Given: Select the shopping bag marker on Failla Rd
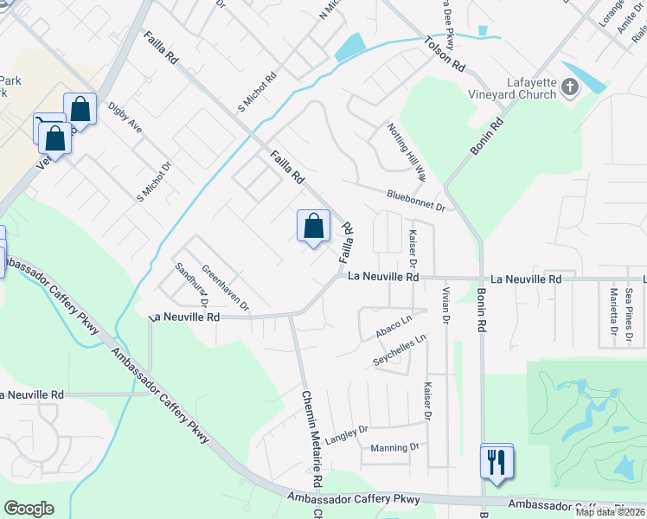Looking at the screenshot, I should pyautogui.click(x=313, y=227).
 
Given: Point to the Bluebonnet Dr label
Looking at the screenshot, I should pyautogui.click(x=415, y=201).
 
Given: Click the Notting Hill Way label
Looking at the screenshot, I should pyautogui.click(x=407, y=151).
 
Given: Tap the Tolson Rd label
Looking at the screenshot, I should pyautogui.click(x=445, y=54).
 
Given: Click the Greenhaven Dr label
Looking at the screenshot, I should pyautogui.click(x=225, y=288).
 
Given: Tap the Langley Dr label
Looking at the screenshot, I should pyautogui.click(x=347, y=430).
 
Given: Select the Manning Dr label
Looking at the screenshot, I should pyautogui.click(x=394, y=447).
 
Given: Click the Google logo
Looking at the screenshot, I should pyautogui.click(x=29, y=509).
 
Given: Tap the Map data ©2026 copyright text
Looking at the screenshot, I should pyautogui.click(x=610, y=512).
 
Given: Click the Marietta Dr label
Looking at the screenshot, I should pyautogui.click(x=612, y=306).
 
